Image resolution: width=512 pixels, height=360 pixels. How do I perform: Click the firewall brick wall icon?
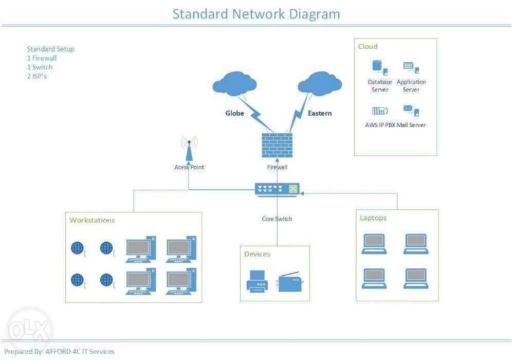tap(277, 146)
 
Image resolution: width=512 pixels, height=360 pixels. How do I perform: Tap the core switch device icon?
tap(277, 189)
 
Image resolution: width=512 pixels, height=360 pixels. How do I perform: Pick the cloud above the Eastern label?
tap(320, 83)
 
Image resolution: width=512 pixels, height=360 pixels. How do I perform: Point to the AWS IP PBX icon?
tap(379, 111)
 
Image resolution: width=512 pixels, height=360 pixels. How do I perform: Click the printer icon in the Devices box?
tap(258, 281)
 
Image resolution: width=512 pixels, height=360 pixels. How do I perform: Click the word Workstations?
tap(92, 220)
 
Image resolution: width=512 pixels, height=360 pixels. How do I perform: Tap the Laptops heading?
tap(373, 218)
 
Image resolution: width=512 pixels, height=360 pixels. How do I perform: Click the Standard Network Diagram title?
tap(256, 13)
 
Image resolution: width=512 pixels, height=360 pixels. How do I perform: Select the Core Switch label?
tap(277, 219)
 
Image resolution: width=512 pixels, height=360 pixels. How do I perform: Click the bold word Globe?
tap(234, 113)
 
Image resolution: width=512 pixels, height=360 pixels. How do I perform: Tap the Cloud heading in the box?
tap(368, 46)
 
